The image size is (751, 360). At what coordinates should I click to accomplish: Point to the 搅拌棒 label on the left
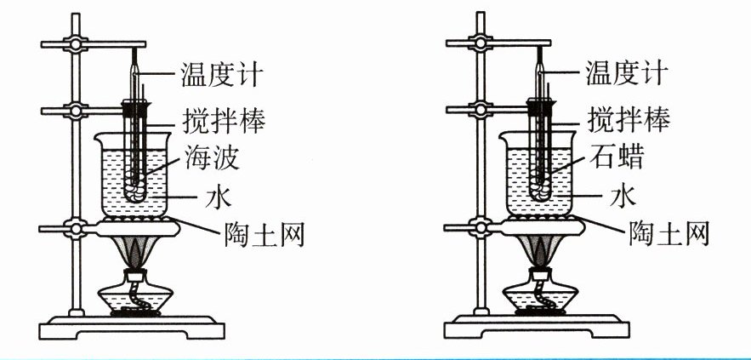click(x=224, y=119)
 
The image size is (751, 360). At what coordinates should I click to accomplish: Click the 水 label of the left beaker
click(x=217, y=198)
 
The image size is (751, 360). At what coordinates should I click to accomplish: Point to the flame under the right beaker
click(x=541, y=251)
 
